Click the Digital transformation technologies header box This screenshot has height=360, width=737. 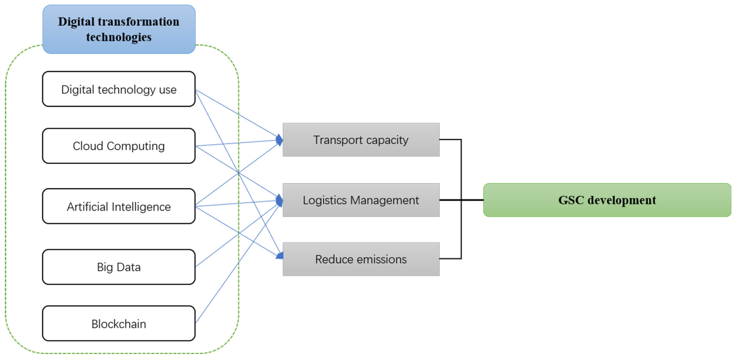coord(119,29)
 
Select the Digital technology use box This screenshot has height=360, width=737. coord(119,89)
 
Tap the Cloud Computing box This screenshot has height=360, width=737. coord(119,146)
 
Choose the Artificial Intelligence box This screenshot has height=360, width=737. coord(119,206)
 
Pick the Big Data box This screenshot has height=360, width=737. coord(119,267)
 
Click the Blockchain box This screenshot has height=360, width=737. coord(119,323)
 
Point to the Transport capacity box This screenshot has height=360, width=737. coord(361,140)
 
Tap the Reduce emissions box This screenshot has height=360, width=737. coord(361,259)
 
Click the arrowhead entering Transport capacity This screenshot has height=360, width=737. coord(279,140)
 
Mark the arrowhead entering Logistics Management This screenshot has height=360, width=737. coord(279,200)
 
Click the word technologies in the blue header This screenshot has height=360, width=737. coord(119,37)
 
